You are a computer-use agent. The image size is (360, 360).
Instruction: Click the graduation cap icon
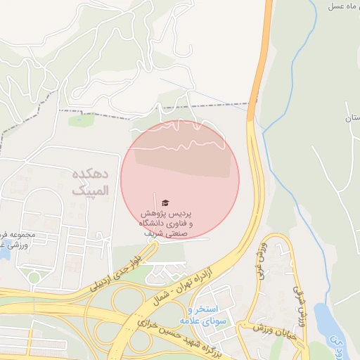[x=165, y=201]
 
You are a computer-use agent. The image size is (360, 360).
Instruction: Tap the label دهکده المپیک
[x=91, y=181]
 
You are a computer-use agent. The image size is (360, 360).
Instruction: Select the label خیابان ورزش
[x=274, y=330]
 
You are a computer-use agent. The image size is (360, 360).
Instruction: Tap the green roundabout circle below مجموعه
[x=33, y=277]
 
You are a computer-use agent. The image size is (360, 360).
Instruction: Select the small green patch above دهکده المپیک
[x=77, y=120]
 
